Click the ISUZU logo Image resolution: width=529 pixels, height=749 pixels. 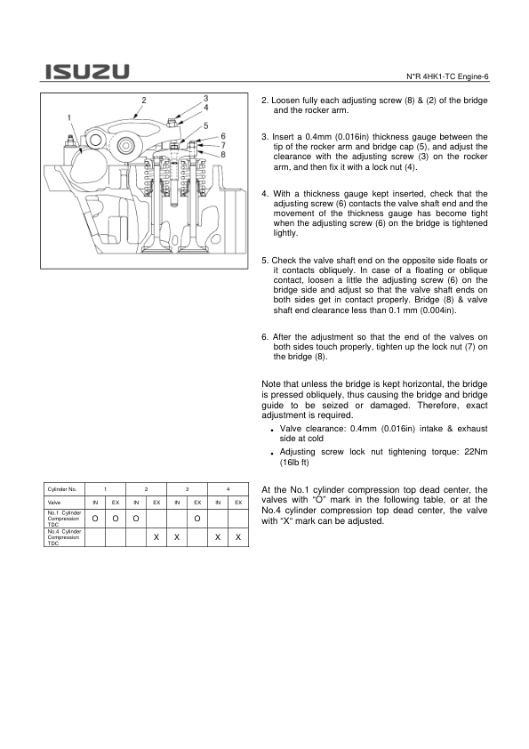coord(87,72)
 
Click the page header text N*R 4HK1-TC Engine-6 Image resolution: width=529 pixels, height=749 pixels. coord(447,77)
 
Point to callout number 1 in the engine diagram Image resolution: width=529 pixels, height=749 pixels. coord(69,118)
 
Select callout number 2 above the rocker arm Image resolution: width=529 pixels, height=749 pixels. coord(144,101)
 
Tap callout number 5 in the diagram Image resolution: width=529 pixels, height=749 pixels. coord(205,126)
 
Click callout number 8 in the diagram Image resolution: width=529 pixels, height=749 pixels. coord(223,154)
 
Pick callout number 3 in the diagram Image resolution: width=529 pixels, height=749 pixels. coord(205,99)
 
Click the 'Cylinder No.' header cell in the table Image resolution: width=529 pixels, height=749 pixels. coord(62,489)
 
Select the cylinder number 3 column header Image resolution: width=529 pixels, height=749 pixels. coord(188,489)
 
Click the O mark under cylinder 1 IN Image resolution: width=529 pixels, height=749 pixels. coord(95,519)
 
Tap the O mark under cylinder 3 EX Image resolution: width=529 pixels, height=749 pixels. coord(197,519)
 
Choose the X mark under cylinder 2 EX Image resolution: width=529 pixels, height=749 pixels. coord(156,537)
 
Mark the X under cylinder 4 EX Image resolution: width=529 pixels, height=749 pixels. coord(238,537)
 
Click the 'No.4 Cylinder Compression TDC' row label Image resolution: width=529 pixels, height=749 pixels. coord(64,537)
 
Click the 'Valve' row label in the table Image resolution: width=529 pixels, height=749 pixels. coord(54,503)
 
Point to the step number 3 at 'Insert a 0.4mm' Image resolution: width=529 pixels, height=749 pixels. coord(265,137)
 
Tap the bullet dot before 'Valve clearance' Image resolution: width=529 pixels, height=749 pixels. coord(271,431)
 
